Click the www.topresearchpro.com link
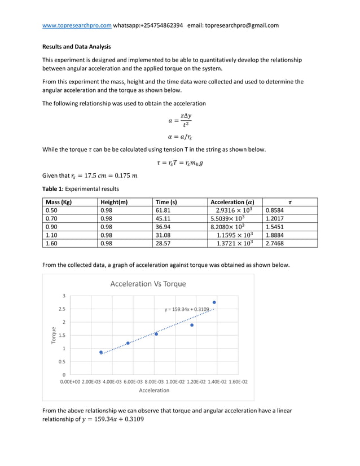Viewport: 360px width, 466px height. tap(77, 25)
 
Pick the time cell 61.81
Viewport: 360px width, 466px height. tap(163, 210)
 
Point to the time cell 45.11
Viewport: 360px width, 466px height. tap(163, 218)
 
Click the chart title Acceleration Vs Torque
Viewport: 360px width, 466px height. tap(148, 284)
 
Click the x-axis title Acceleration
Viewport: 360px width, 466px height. tap(154, 390)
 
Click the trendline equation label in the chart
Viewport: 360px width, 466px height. tap(187, 310)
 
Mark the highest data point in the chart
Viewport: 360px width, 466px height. tap(214, 302)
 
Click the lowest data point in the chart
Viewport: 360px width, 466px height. tap(101, 352)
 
